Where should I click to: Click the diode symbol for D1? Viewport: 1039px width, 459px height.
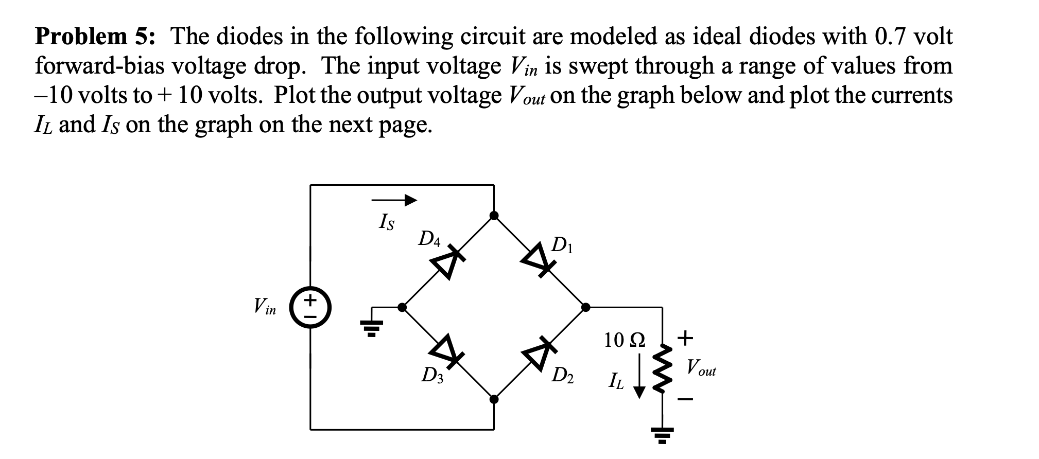(538, 261)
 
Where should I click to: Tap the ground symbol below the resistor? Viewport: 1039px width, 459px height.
(662, 435)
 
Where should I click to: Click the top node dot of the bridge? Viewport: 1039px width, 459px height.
(494, 216)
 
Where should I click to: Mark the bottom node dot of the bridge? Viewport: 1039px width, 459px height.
(494, 399)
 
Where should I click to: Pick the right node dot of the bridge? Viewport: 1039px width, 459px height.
(585, 308)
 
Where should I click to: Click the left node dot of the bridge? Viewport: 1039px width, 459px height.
(402, 308)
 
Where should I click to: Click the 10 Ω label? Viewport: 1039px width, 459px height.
(624, 340)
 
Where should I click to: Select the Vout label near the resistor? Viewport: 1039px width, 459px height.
(701, 368)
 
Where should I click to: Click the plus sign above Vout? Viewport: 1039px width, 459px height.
(685, 338)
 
